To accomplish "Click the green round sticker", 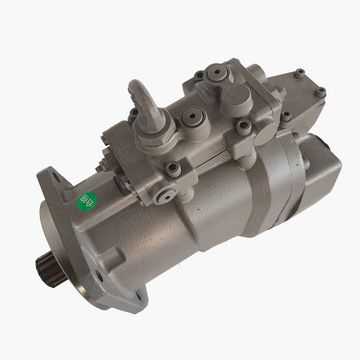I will (x=82, y=202).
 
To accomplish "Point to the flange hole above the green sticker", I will (x=55, y=178).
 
